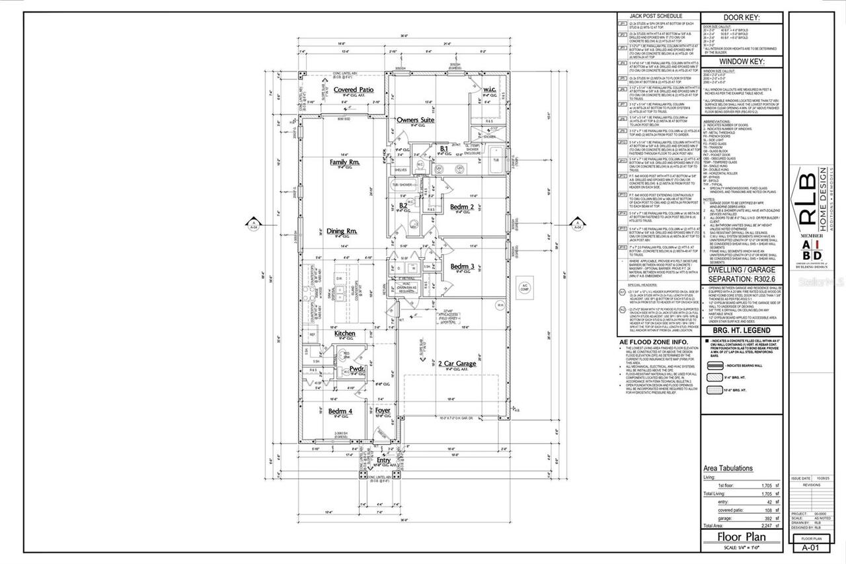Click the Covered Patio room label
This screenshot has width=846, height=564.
point(354,89)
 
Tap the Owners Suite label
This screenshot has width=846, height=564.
point(415,120)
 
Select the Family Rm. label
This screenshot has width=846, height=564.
point(344,162)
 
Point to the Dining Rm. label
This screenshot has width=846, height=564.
point(343,231)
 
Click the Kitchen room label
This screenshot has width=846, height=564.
point(345,334)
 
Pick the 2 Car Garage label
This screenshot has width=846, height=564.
point(457,364)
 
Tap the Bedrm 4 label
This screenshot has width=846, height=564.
point(340,411)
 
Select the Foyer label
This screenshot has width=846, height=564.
point(383,411)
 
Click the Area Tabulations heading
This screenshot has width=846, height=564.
point(728,468)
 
